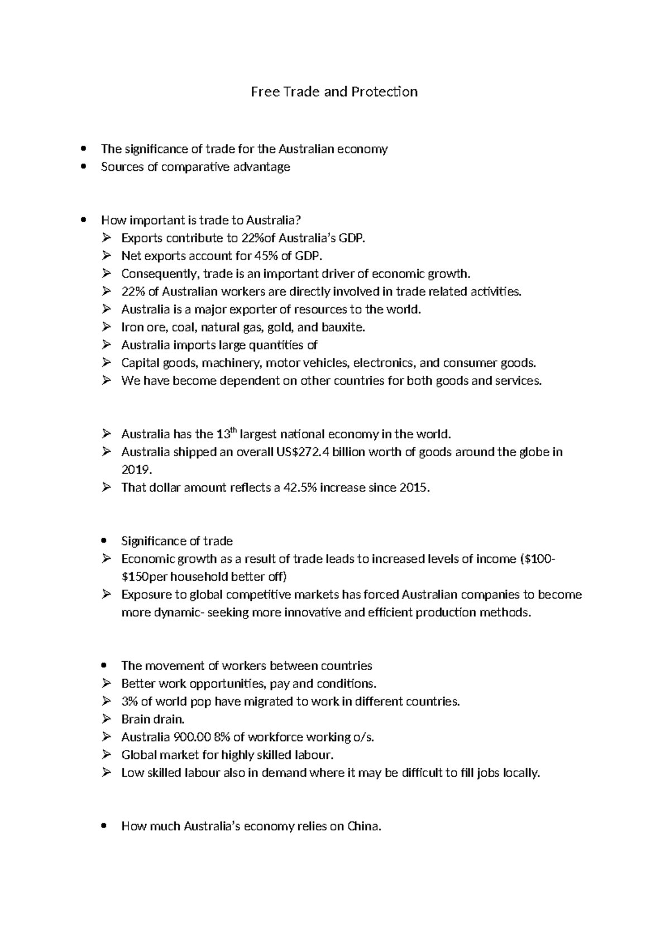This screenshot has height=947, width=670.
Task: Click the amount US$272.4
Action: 303,452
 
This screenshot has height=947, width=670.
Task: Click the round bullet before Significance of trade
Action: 104,541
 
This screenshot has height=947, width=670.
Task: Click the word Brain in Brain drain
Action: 135,719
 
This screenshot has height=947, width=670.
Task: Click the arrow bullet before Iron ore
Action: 107,327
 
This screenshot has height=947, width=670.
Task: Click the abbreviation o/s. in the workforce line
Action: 363,737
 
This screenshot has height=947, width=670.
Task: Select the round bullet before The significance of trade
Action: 84,149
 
